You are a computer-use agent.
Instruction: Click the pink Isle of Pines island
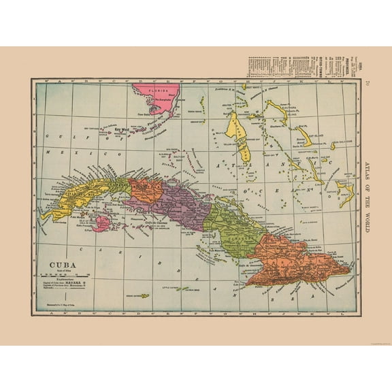click(101, 223)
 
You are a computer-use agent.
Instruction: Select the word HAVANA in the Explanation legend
click(82, 280)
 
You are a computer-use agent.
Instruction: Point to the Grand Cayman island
click(144, 295)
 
